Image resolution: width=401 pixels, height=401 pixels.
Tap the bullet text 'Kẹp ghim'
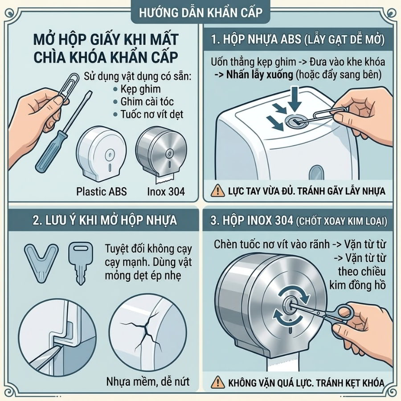pos(140,89)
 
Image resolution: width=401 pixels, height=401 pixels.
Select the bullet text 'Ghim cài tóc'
pos(147,102)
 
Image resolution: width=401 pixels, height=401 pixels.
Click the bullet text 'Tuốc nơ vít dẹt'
pos(152,115)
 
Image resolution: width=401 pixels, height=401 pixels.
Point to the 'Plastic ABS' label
pos(102,192)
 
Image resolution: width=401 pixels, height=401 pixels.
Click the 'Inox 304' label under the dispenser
pos(166,192)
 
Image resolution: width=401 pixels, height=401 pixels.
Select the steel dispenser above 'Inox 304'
pos(161,151)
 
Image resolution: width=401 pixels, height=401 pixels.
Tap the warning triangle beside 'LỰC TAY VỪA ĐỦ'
pos(218,191)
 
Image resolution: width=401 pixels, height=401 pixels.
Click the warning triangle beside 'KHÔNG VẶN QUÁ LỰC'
pos(218,382)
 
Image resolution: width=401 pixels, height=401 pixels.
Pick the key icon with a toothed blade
pos(80,263)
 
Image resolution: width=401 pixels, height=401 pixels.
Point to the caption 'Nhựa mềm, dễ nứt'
pos(148,382)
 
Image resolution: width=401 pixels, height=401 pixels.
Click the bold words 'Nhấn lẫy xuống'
pos(260,75)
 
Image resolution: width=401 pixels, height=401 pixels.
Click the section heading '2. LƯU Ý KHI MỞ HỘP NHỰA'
pos(105,221)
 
